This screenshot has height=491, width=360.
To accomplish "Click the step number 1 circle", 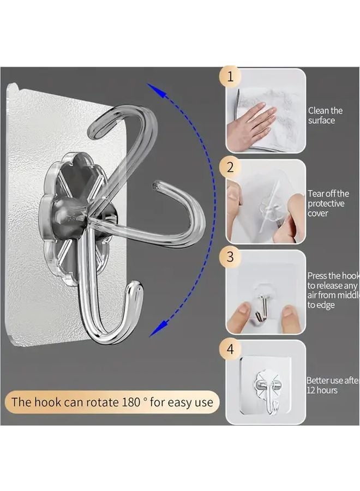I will (230, 76).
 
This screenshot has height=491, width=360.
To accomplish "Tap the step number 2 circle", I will (230, 167).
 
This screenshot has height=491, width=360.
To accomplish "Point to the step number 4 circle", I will (230, 349).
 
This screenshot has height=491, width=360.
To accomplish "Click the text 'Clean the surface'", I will (325, 115).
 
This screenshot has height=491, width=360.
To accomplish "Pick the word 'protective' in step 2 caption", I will (326, 203).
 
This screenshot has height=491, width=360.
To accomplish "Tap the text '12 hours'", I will (322, 390).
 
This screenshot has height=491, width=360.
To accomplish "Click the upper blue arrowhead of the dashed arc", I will (154, 89).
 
